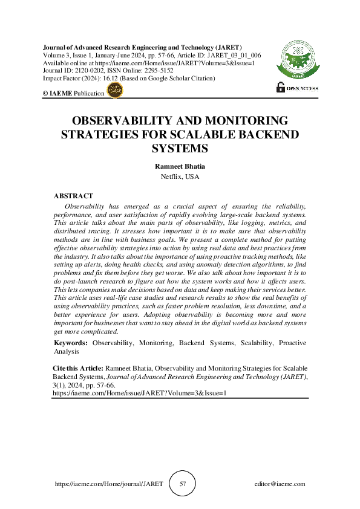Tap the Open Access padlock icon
point(280,86)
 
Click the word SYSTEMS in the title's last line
point(180,148)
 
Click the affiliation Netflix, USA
point(180,177)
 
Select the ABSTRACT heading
point(73,196)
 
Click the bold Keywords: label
point(71,343)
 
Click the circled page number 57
point(183,484)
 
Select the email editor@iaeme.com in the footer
point(280,484)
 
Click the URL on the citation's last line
point(139,392)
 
